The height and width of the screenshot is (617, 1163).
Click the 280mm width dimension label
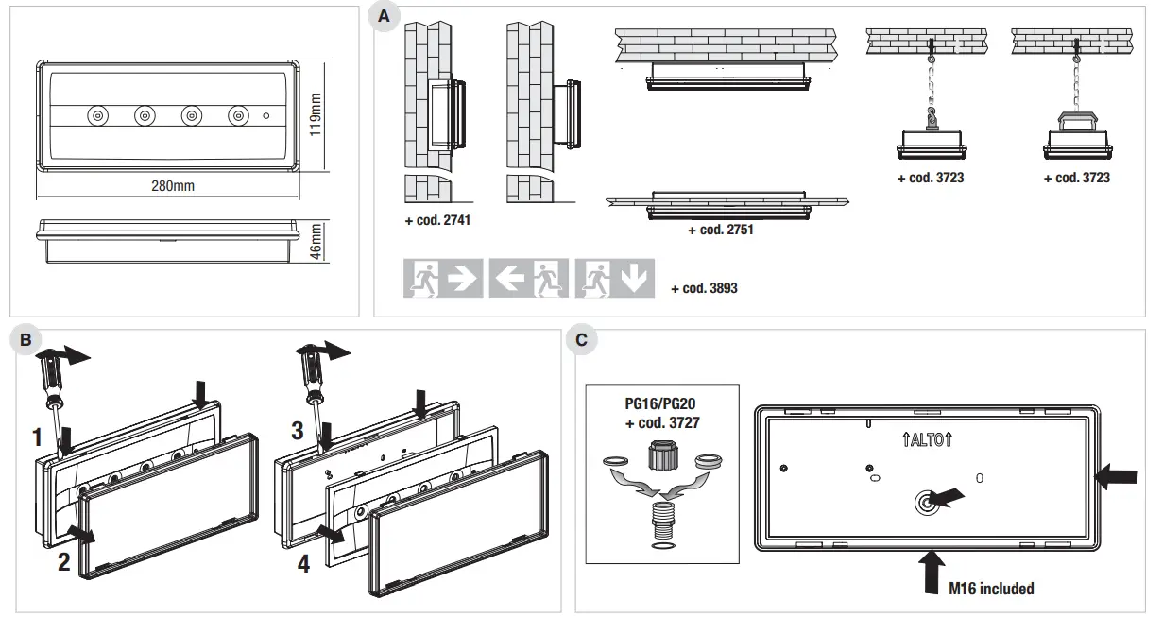click(x=173, y=186)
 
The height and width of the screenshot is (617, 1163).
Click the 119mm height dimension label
click(x=316, y=114)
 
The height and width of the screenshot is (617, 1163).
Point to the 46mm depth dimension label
click(x=316, y=240)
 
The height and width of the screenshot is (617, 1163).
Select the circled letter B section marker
click(x=26, y=339)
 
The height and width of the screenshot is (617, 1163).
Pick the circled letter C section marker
click(x=581, y=339)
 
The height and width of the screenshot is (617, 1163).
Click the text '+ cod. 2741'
click(x=436, y=220)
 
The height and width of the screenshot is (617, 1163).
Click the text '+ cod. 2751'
click(x=720, y=230)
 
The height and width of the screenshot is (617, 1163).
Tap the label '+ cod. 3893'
click(x=704, y=288)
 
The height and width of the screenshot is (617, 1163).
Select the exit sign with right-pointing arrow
click(x=443, y=278)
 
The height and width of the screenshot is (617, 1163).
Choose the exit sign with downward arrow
click(x=615, y=278)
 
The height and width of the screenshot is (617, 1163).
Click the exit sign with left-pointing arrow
click(x=529, y=278)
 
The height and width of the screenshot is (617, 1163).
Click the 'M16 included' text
click(x=991, y=589)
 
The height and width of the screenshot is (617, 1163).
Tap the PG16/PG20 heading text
click(x=662, y=405)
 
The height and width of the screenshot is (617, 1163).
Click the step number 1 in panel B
click(x=38, y=437)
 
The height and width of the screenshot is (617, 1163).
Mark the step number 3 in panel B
click(x=297, y=432)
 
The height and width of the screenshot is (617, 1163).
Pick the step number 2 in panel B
click(x=63, y=562)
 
